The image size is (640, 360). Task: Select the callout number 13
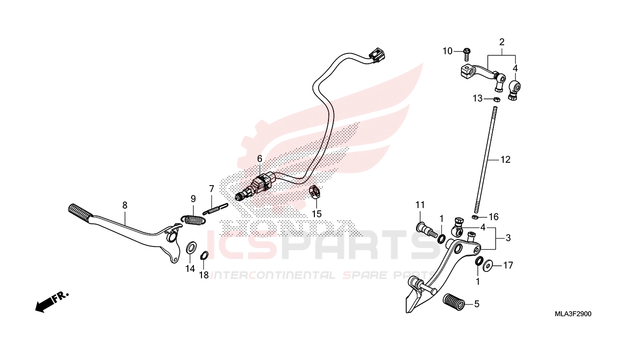(477, 98)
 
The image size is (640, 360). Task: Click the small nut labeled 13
(497, 99)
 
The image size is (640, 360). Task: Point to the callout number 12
(505, 159)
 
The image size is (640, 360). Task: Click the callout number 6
(260, 158)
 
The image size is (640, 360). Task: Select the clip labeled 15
(315, 192)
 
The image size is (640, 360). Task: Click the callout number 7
(211, 189)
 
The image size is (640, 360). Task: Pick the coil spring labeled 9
(193, 219)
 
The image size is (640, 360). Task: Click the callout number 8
(125, 205)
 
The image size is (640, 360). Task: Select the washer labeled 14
(191, 247)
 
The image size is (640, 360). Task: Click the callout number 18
(204, 275)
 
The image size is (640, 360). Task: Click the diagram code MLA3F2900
(573, 314)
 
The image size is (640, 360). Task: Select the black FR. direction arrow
(52, 302)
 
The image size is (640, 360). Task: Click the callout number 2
(502, 42)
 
